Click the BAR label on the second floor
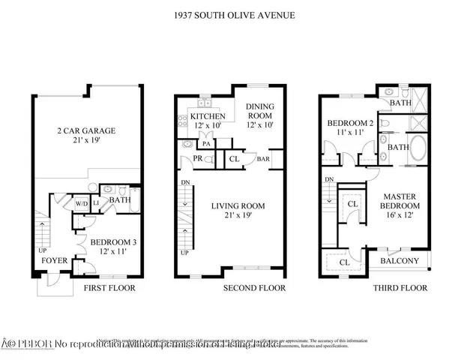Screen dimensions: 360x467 (x=263, y=159)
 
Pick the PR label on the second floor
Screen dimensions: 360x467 (x=196, y=159)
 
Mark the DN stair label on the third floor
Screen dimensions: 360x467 (x=329, y=180)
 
